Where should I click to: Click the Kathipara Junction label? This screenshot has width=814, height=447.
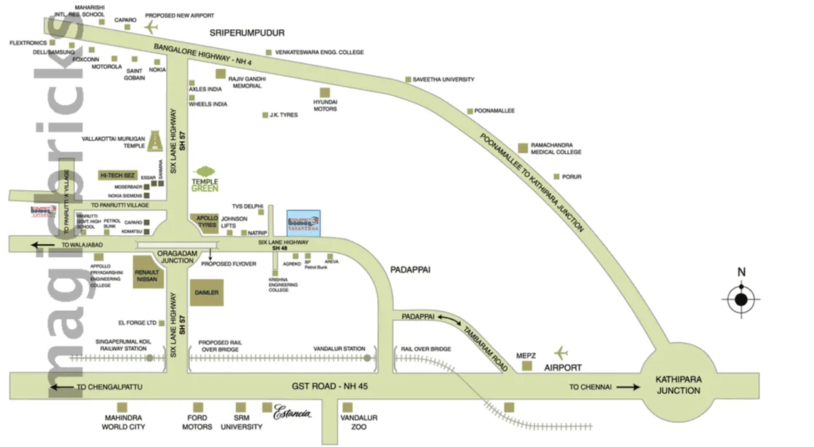point(677,385)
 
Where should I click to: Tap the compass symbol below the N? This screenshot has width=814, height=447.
point(741,298)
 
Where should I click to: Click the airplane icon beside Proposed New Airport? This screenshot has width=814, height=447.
point(151,28)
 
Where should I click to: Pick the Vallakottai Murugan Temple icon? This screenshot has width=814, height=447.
point(155,141)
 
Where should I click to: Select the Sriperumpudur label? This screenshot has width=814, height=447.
point(246,33)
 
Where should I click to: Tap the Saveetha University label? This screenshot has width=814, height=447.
point(443,79)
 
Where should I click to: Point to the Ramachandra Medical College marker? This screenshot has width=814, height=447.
point(523,147)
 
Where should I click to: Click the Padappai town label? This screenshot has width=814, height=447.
point(411,269)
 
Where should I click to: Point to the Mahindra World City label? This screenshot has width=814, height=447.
point(125,422)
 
